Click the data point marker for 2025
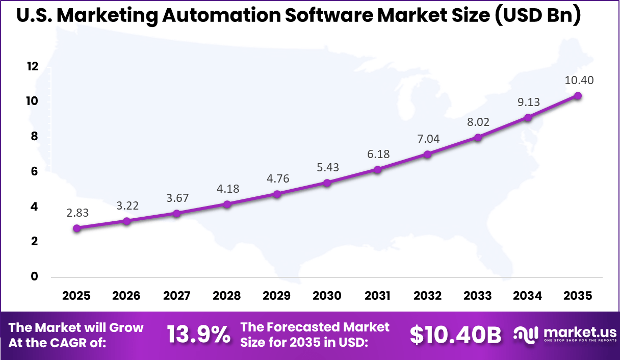[77, 228]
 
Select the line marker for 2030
[327, 183]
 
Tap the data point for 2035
[578, 96]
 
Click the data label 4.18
[227, 189]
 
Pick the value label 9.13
[528, 102]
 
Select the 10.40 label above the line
[579, 81]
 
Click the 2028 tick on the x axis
[227, 296]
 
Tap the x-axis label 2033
[478, 296]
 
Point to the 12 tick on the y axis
[33, 66]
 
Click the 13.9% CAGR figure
[199, 335]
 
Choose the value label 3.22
[127, 206]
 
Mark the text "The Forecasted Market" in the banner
[315, 327]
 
